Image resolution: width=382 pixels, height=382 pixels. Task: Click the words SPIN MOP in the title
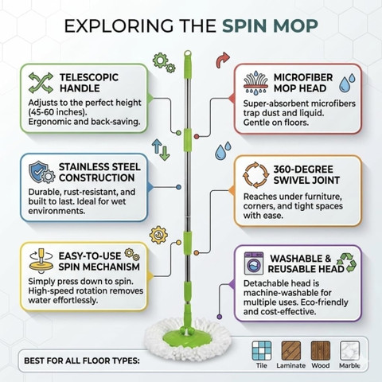[x=270, y=25]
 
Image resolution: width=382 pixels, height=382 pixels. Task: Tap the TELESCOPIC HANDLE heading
[x=89, y=83]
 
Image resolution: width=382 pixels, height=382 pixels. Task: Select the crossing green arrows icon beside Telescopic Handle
[x=41, y=83]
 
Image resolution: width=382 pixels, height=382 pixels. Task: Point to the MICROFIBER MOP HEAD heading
[x=303, y=83]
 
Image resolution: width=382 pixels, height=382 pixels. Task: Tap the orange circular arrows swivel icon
[x=255, y=175]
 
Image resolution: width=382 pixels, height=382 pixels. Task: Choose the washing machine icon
[x=254, y=263]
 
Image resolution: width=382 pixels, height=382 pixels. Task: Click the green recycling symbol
[x=347, y=263]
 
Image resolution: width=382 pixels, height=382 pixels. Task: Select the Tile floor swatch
[x=262, y=350]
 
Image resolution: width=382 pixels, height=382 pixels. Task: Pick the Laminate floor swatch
[x=291, y=350]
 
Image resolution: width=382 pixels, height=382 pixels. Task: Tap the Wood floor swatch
[x=321, y=350]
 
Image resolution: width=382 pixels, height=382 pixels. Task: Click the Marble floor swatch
[x=349, y=350]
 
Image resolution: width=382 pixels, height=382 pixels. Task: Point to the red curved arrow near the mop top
[x=222, y=60]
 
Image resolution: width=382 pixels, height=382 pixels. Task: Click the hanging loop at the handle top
[x=188, y=53]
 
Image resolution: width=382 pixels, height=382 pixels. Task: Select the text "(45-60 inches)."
[x=58, y=112]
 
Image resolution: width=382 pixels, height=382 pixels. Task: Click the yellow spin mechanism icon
[x=41, y=262]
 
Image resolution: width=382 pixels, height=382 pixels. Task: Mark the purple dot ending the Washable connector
[x=220, y=317]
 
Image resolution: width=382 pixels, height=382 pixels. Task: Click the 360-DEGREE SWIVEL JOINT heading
[x=306, y=175]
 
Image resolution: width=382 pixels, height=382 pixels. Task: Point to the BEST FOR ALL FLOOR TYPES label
[x=82, y=361]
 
